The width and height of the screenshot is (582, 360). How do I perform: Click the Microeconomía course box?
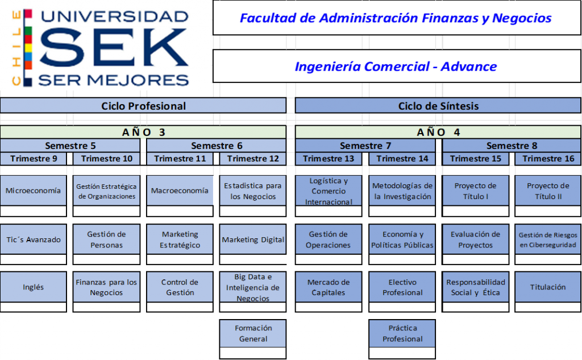pyautogui.click(x=33, y=191)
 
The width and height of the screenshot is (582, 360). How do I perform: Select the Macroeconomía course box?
pyautogui.click(x=180, y=191)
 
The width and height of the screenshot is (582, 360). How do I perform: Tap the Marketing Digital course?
pyautogui.click(x=253, y=239)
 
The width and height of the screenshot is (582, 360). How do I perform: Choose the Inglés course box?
pyautogui.click(x=33, y=287)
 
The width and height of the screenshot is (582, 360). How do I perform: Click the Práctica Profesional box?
pyautogui.click(x=402, y=333)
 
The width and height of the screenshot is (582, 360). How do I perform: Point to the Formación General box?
pyautogui.click(x=253, y=333)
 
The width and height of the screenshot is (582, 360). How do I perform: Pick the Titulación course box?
pyautogui.click(x=548, y=287)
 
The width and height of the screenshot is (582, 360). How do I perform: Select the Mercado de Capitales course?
pyautogui.click(x=329, y=287)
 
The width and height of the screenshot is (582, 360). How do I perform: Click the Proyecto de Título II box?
pyautogui.click(x=548, y=191)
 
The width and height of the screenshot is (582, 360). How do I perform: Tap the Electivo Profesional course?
pyautogui.click(x=402, y=287)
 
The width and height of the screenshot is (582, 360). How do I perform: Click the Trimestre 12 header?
pyautogui.click(x=253, y=159)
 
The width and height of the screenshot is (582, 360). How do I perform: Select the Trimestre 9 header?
pyautogui.click(x=34, y=159)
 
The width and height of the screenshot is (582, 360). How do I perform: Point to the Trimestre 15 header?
pyautogui.click(x=476, y=159)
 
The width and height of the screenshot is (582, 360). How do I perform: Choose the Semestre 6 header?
pyautogui.click(x=217, y=146)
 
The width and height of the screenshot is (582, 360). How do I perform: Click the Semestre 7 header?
pyautogui.click(x=365, y=146)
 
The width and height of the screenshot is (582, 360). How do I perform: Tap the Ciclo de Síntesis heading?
pyautogui.click(x=438, y=106)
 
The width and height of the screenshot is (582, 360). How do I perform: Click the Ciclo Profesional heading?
pyautogui.click(x=143, y=106)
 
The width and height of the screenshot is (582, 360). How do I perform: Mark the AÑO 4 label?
pyautogui.click(x=438, y=132)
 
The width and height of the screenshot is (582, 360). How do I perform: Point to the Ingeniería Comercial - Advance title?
pyautogui.click(x=396, y=67)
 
